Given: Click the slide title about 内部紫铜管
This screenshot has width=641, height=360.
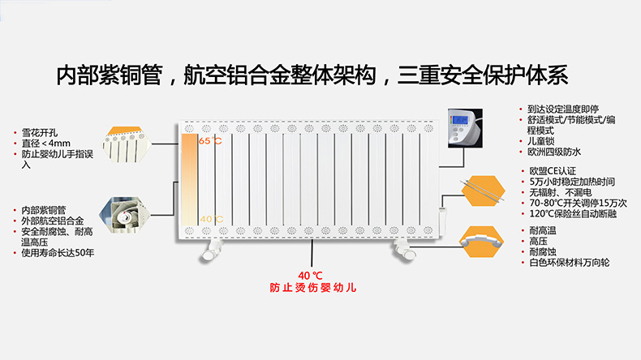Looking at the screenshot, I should coord(312,75).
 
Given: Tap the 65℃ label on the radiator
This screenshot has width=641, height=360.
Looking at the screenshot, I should coord(209,142).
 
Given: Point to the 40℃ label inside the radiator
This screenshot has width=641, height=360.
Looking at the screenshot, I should coord(209,219).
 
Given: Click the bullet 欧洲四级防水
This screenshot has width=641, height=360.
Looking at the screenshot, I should coord(553,152).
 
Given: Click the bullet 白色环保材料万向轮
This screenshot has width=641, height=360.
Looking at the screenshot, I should coord(568,263).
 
